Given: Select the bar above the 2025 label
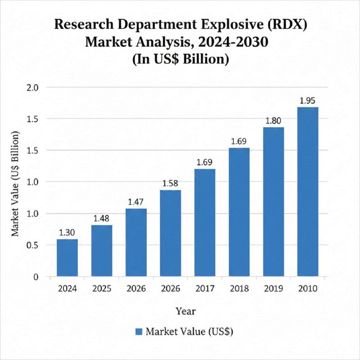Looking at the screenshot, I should coord(102,250).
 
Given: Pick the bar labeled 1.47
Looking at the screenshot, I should coord(136,242).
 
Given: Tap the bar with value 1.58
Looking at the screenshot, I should coord(171,233).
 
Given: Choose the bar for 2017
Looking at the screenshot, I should coord(205,222).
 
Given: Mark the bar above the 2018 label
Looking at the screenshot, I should coord(239,211).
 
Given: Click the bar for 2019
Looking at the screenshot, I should coord(274,202).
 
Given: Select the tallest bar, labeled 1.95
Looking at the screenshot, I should coord(308,191).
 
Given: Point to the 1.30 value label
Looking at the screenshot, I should coord(67,233).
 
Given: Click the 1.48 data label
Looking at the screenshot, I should coord(102,218).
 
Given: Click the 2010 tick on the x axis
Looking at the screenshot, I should coord(308,288).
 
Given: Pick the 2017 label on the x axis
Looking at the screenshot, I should coord(205,288).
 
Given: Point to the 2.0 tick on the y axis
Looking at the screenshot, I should coord(34,87).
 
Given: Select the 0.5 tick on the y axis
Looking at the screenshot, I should coord(34,245).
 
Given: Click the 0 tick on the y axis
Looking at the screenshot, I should coord(36,277).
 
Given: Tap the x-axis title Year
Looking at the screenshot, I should coord(186,310).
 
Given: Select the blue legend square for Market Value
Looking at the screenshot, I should coord(139,332).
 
